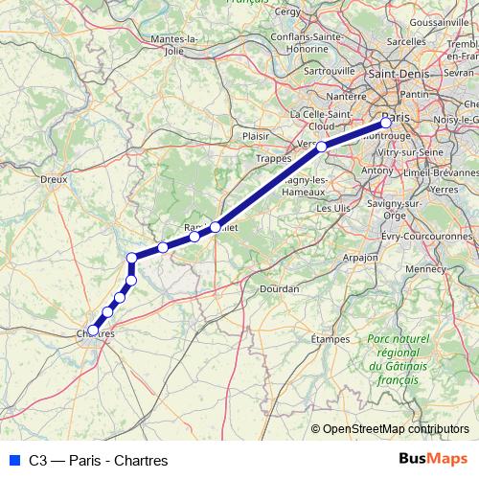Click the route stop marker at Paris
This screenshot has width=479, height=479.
(386, 122)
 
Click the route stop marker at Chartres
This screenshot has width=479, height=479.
(93, 331)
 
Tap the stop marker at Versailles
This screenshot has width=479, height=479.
(322, 147)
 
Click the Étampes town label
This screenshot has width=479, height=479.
(331, 339)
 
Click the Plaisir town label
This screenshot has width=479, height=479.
(256, 136)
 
